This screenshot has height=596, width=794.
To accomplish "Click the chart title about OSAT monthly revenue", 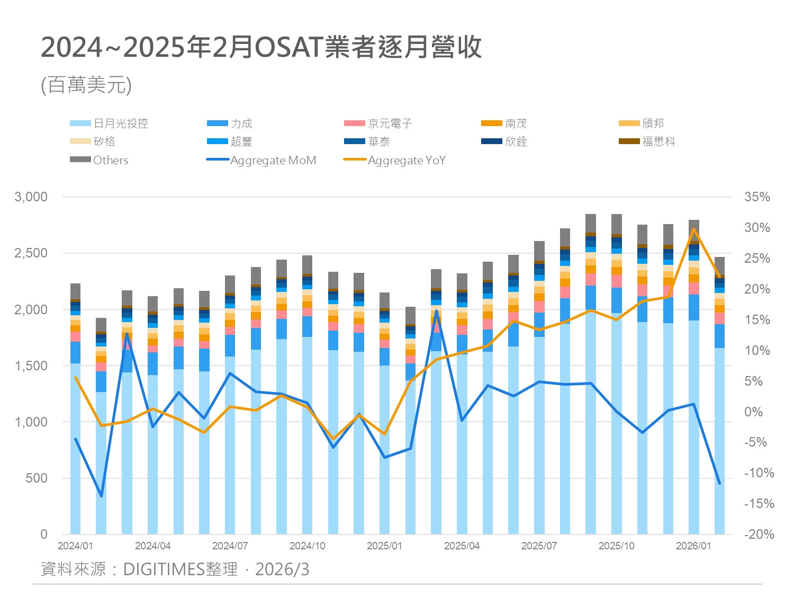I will click(261, 48).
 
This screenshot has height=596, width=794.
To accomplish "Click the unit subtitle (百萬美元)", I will click(86, 85).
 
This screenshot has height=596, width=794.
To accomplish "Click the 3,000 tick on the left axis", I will click(31, 197).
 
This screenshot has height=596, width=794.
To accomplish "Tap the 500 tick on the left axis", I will click(37, 478).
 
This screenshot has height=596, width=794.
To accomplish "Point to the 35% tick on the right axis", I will click(757, 197).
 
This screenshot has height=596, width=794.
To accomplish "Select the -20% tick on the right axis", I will click(759, 534).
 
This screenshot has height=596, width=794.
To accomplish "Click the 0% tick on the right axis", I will click(753, 412).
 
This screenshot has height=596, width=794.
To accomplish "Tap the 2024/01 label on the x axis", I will click(75, 546).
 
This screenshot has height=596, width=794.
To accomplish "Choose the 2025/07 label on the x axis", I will click(539, 546).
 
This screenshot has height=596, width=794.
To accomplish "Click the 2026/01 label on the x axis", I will click(693, 546).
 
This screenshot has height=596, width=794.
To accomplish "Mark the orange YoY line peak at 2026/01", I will click(693, 229).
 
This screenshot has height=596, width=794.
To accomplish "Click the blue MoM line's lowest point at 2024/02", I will click(101, 496).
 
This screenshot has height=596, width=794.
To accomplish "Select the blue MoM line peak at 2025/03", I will click(436, 311).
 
